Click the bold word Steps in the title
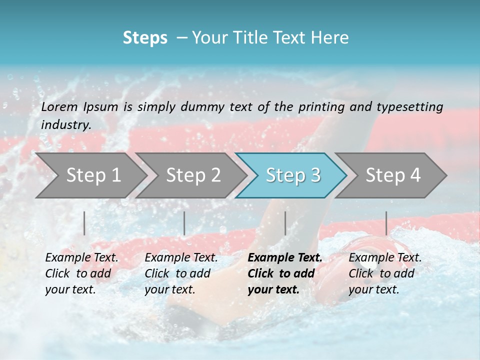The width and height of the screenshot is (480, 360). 145,37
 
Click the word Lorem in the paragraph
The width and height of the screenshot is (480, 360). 59,106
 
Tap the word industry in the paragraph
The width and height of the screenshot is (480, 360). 65,124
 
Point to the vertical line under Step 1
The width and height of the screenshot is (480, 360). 84,223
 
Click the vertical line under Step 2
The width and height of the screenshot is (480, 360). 184,223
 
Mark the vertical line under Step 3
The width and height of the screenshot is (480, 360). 285,223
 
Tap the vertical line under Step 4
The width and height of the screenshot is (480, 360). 386,223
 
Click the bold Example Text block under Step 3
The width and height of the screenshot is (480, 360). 285,273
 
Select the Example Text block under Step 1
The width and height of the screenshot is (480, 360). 81,273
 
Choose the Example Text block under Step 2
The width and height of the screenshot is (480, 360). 181,273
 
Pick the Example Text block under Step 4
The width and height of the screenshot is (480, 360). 385,273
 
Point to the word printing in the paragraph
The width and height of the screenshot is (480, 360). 321,106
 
